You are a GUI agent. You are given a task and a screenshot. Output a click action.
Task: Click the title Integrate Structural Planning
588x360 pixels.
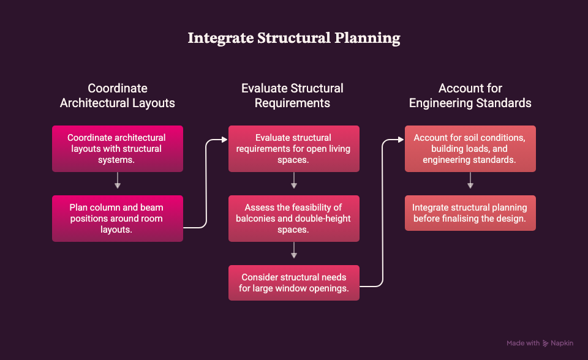294,38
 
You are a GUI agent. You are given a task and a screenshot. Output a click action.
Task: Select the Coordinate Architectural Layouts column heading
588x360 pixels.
118,96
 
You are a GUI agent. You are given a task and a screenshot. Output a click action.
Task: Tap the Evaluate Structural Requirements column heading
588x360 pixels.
293,96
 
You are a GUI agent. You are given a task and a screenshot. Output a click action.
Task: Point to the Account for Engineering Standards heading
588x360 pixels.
470,96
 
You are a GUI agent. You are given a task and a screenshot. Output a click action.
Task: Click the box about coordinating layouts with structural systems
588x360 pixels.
118,149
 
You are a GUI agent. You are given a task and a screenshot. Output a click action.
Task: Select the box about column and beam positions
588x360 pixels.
118,219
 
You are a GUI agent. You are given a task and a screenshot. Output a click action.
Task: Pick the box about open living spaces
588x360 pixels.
294,149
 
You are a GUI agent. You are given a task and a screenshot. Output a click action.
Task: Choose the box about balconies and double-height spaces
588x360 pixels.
294,219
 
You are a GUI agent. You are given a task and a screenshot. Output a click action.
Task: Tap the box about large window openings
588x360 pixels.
294,283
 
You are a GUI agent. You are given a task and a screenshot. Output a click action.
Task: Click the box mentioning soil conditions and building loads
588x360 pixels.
470,149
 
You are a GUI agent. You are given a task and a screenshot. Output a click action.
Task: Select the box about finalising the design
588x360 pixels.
470,213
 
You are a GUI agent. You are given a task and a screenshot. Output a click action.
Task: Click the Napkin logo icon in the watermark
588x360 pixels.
545,343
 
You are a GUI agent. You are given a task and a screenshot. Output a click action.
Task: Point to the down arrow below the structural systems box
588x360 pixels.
118,181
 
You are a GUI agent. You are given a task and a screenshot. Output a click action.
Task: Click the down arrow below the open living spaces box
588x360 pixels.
294,181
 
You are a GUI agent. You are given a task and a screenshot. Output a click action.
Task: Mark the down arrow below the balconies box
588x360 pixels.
294,250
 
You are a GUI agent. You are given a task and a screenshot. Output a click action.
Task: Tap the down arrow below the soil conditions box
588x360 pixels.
470,181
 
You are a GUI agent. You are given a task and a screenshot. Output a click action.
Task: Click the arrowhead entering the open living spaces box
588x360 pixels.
225,140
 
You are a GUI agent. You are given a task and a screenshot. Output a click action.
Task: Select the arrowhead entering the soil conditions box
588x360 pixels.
401,140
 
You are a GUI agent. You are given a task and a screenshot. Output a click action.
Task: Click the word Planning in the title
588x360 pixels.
367,39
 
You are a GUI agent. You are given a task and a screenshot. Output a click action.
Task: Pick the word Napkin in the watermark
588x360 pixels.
562,343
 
